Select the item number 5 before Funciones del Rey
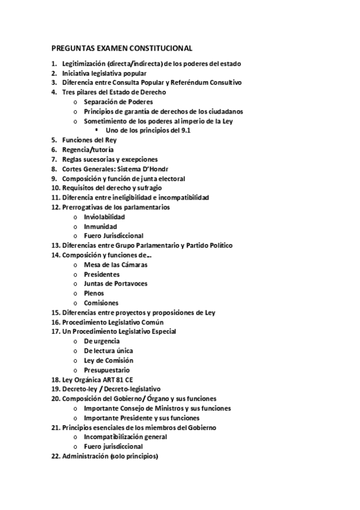point(53,140)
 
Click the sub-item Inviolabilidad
point(105,217)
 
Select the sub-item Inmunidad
point(100,226)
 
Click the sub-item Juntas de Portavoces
point(116,283)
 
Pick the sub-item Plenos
point(94,293)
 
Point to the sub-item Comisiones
point(101,303)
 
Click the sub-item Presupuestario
point(107,370)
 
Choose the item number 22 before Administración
point(55,456)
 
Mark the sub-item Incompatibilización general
point(125,437)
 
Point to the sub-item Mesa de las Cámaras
point(116,264)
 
